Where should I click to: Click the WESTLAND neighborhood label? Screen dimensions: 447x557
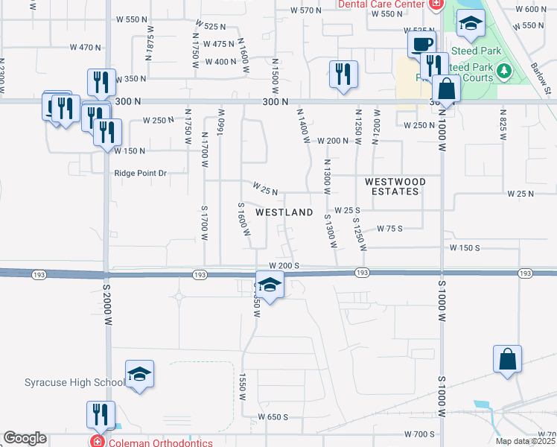tap(284, 212)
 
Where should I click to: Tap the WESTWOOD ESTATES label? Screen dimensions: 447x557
tap(395, 186)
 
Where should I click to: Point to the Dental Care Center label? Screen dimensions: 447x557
tap(381, 4)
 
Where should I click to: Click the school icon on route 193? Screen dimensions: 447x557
tap(270, 285)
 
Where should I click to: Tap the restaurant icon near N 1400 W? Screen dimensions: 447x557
tap(343, 73)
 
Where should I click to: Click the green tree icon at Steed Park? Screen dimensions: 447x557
tap(505, 71)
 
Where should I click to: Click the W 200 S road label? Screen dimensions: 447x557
tap(284, 265)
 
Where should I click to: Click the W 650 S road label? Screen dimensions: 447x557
tap(273, 416)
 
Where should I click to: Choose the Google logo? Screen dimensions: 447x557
tap(25, 438)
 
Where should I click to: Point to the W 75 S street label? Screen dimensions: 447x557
tap(389, 229)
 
